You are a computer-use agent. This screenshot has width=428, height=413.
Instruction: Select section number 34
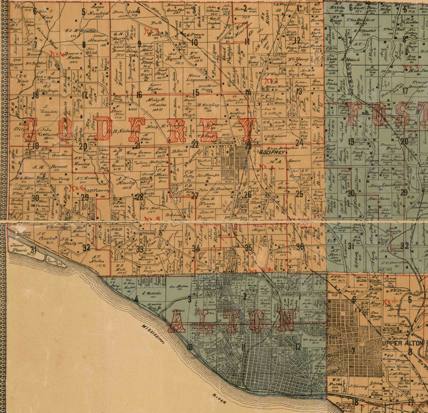(195, 248)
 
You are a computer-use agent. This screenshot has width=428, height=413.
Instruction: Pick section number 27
(195, 196)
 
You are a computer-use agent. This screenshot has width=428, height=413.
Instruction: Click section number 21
(138, 146)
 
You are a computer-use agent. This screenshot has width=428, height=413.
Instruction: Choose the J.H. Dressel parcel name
(50, 167)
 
